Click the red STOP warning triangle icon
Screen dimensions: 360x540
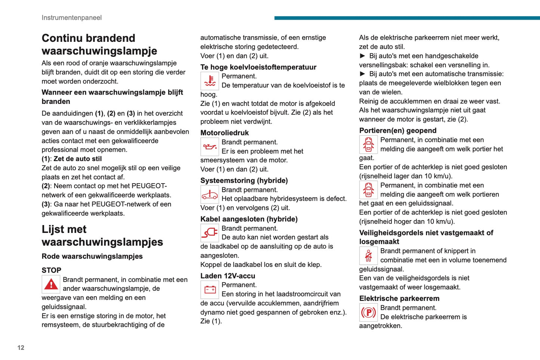[x=51, y=284]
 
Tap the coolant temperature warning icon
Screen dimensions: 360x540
[x=210, y=81]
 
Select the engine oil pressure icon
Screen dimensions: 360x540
[x=210, y=147]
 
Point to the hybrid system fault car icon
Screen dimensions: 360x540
[x=210, y=194]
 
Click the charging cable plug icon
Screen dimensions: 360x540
[x=210, y=233]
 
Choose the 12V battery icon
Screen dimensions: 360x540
[x=210, y=290]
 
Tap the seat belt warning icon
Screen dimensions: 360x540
[x=368, y=256]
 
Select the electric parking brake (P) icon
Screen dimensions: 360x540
[x=368, y=313]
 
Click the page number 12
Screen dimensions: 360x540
[x=21, y=348]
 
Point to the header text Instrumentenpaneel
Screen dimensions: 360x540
[x=72, y=18]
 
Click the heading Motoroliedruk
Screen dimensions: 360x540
[x=225, y=133]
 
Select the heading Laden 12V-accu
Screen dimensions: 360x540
[x=228, y=276]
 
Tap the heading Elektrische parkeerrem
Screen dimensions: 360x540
[x=399, y=298]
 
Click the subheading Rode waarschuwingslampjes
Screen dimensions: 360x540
[x=92, y=256]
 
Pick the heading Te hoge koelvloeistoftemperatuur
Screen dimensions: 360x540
[x=258, y=67]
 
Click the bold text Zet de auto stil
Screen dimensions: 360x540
[x=78, y=159]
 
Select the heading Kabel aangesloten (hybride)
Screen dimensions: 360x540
[x=249, y=219]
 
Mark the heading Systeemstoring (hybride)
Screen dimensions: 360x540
[x=244, y=181]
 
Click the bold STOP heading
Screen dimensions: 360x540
[x=52, y=270]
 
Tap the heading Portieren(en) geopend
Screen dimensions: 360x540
[x=398, y=130]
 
